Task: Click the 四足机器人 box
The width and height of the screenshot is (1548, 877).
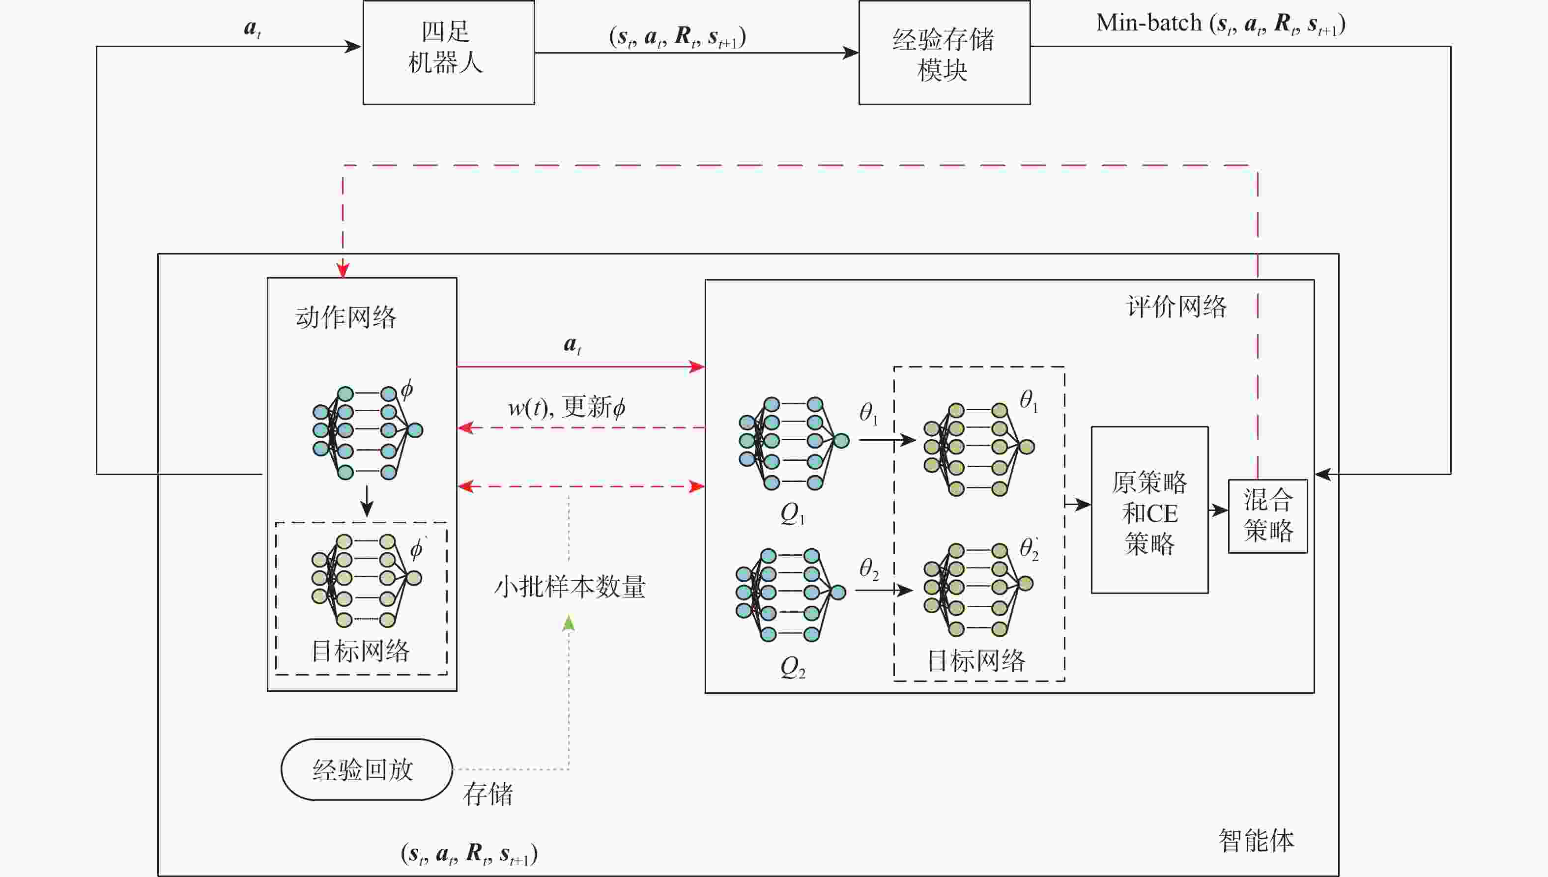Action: tap(448, 53)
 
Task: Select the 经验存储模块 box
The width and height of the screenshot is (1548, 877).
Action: tap(944, 53)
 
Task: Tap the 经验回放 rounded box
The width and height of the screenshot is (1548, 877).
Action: tap(366, 769)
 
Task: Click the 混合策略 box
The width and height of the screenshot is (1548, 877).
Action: tap(1267, 515)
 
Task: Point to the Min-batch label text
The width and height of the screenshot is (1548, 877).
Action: tap(1148, 24)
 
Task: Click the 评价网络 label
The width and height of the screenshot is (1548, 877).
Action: tap(1176, 307)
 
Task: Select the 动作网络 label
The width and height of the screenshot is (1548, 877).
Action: tap(346, 317)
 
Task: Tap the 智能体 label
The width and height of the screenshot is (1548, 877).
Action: tap(1256, 840)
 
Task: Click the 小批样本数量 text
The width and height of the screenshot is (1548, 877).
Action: tap(569, 586)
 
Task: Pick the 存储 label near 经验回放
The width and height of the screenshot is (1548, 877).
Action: tap(487, 794)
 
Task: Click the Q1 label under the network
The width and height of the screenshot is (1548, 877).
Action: tap(792, 514)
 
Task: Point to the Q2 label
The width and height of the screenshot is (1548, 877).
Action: tap(792, 667)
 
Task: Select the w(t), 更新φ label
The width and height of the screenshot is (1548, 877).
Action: tap(566, 407)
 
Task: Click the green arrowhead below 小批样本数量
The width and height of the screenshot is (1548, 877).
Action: tap(569, 623)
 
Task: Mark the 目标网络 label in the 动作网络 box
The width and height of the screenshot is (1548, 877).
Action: tap(360, 651)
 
